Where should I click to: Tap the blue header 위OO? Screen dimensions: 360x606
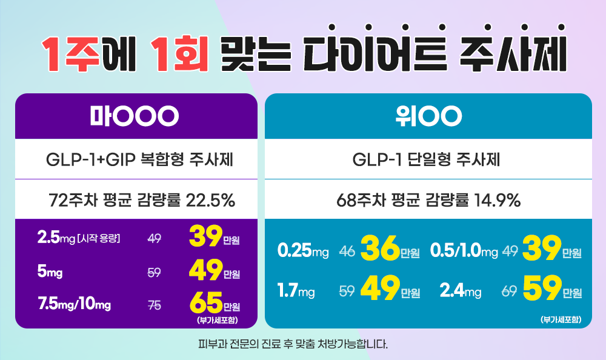(428, 115)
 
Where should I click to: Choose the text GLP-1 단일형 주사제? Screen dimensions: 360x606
(428, 161)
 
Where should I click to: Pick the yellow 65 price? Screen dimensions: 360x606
(206, 302)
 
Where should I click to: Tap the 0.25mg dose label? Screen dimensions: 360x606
(302, 250)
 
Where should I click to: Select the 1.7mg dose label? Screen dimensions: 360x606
(296, 292)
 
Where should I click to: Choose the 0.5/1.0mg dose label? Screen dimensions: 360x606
(464, 250)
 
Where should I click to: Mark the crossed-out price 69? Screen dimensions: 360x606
(509, 293)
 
